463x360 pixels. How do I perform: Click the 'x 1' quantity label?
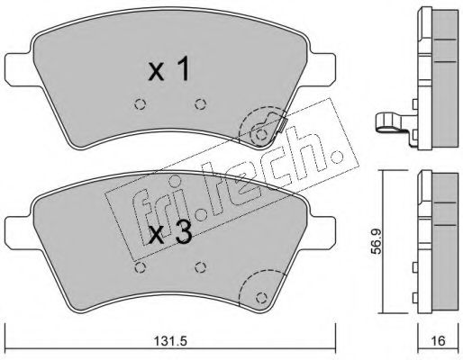(169, 68)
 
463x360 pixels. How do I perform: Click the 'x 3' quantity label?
(170, 233)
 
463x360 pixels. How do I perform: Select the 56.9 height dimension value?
(376, 241)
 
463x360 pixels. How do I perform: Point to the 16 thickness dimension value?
(438, 341)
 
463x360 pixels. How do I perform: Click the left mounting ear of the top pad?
(21, 70)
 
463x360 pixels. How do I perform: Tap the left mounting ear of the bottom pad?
(21, 233)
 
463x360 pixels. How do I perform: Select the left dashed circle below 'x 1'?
(140, 104)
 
